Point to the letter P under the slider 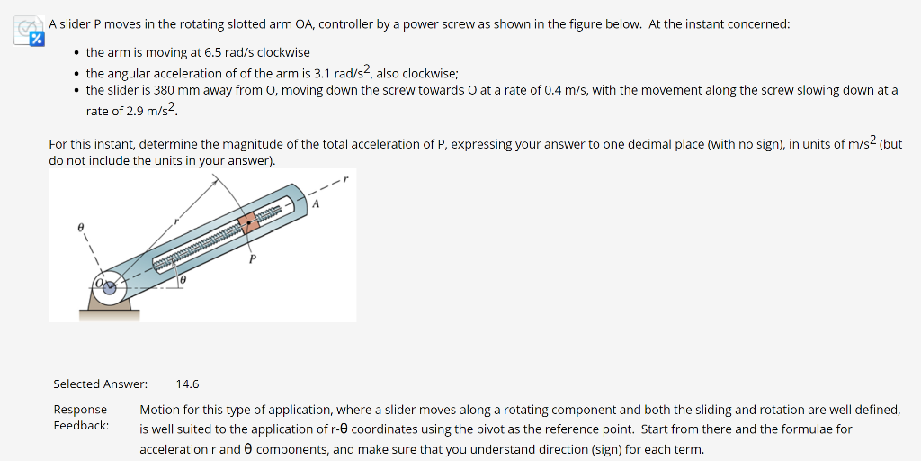tap(253, 259)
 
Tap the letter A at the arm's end tap(315, 203)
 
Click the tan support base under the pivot tap(110, 314)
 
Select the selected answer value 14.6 tap(187, 384)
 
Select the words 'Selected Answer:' tap(100, 384)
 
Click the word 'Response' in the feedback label tap(80, 410)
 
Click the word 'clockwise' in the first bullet tap(283, 53)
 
